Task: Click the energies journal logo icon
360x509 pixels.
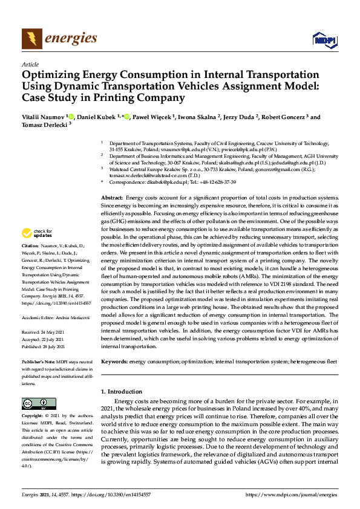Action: (32, 39)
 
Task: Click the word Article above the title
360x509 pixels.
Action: (30, 64)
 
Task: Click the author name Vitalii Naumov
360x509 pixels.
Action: (44, 117)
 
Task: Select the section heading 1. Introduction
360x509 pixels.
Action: (124, 392)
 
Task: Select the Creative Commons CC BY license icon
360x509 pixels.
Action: (34, 403)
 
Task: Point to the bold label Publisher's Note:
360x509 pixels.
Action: (39, 361)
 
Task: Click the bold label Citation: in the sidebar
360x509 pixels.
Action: (30, 247)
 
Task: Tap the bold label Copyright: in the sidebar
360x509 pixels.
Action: (33, 416)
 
